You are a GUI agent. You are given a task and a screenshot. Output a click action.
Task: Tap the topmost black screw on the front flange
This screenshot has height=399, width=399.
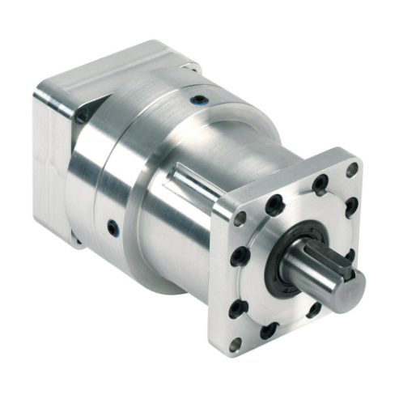(321, 183)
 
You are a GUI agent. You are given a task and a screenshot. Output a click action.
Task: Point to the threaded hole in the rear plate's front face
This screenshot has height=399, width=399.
(80, 119)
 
